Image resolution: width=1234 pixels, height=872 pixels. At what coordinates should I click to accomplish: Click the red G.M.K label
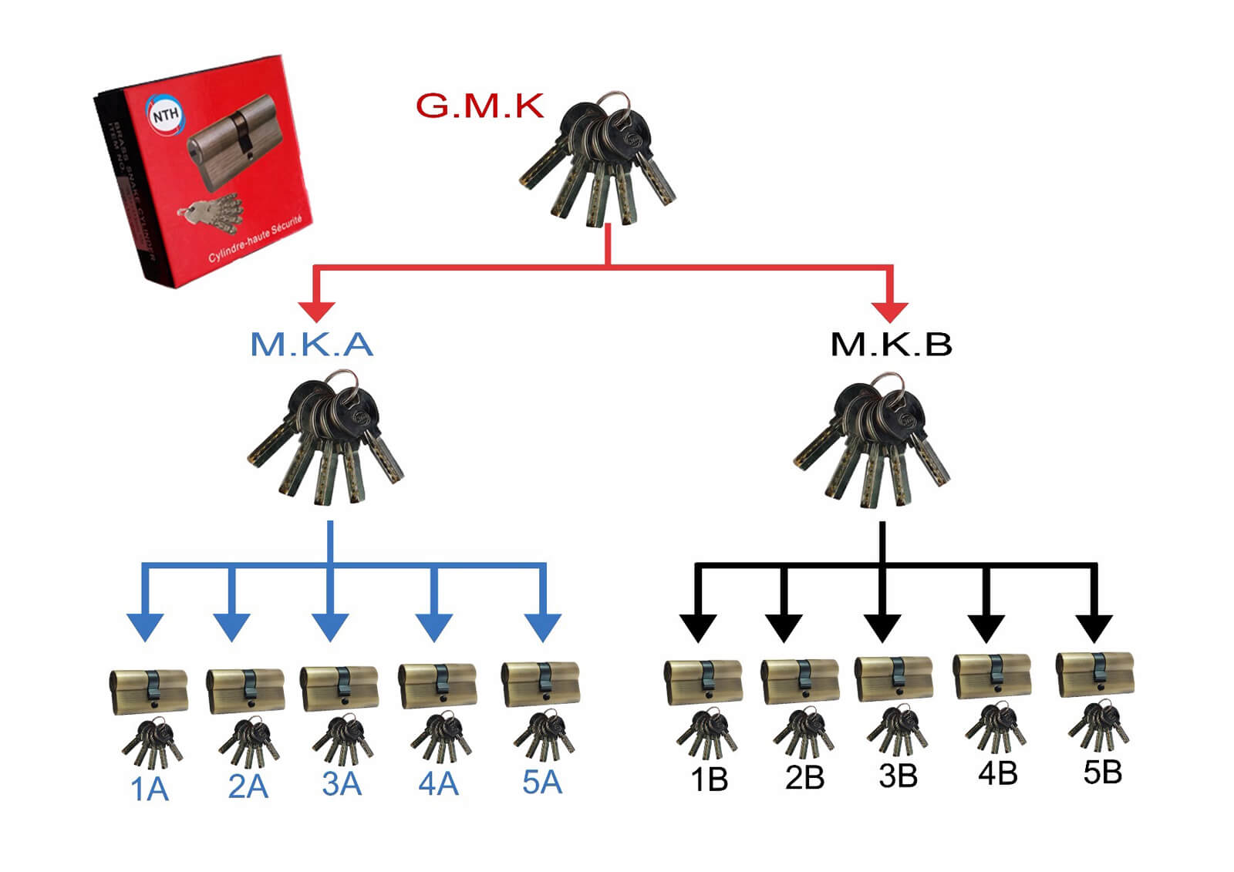coord(480,106)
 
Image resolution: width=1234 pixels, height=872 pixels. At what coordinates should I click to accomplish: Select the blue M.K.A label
coord(312,344)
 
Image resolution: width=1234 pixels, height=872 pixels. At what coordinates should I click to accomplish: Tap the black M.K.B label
coord(891,344)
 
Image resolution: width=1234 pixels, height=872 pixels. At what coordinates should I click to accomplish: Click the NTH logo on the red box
coord(165,116)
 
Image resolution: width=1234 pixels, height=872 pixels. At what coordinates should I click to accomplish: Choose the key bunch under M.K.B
coord(872,439)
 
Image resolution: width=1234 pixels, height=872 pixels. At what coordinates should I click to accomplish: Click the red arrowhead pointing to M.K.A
coord(316,310)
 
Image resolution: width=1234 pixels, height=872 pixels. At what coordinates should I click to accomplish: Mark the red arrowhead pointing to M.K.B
coord(891,310)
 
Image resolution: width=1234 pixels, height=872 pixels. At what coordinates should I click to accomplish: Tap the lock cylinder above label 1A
coord(148,690)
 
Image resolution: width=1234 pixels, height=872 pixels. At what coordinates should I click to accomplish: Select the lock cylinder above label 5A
coord(541,683)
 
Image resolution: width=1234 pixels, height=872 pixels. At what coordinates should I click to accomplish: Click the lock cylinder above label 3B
coord(894,678)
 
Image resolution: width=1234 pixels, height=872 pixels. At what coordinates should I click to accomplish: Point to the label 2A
coord(248,786)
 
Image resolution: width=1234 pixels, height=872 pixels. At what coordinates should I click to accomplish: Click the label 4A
coord(438,784)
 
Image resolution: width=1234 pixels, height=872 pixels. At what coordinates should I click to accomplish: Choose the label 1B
coord(709,779)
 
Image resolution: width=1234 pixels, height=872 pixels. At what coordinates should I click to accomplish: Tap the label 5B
coord(1102,772)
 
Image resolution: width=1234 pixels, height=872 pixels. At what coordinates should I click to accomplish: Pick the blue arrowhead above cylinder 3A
coord(331,626)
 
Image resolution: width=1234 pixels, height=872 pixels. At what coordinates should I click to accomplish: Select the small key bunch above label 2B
coord(804,732)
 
